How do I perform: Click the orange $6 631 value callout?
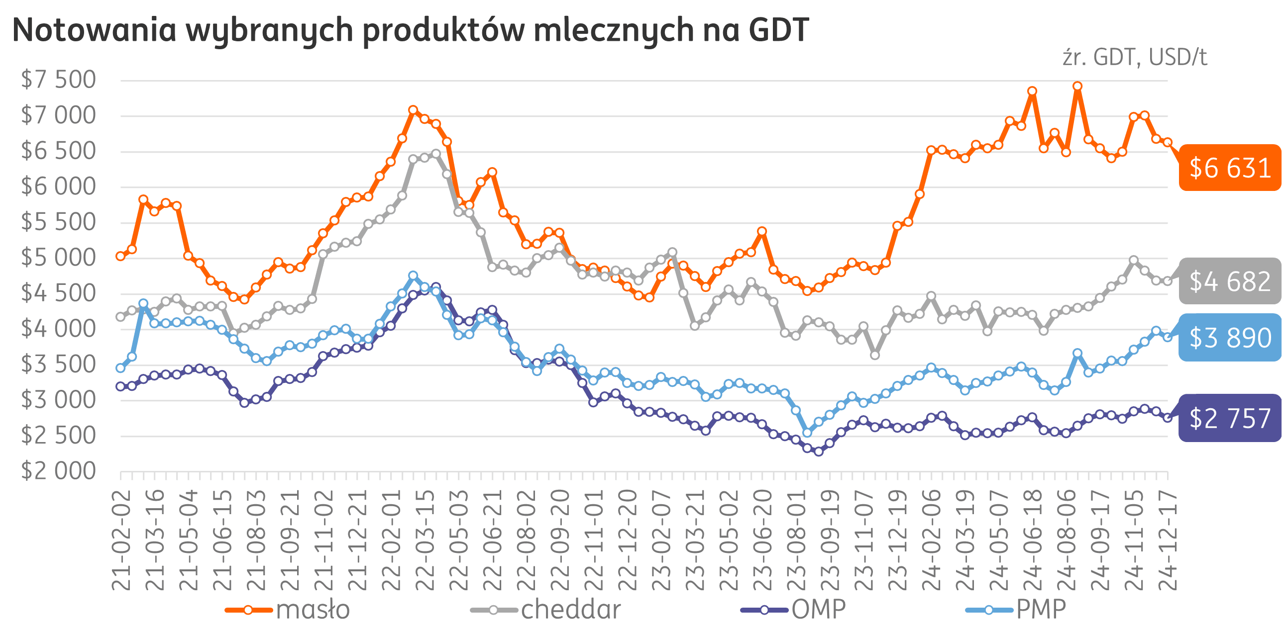(x=1229, y=168)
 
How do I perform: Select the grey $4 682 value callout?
(x=1229, y=281)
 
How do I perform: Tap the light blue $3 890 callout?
(x=1229, y=338)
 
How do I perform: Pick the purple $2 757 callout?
(x=1229, y=418)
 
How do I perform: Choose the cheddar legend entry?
(x=546, y=610)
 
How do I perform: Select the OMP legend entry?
(x=793, y=610)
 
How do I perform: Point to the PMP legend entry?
(x=1015, y=610)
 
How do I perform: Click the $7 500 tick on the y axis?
(x=58, y=80)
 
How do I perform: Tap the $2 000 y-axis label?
(x=58, y=471)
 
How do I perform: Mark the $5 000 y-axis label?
(x=58, y=258)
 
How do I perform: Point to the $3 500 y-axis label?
(x=58, y=364)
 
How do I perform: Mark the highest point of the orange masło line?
(x=1077, y=86)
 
